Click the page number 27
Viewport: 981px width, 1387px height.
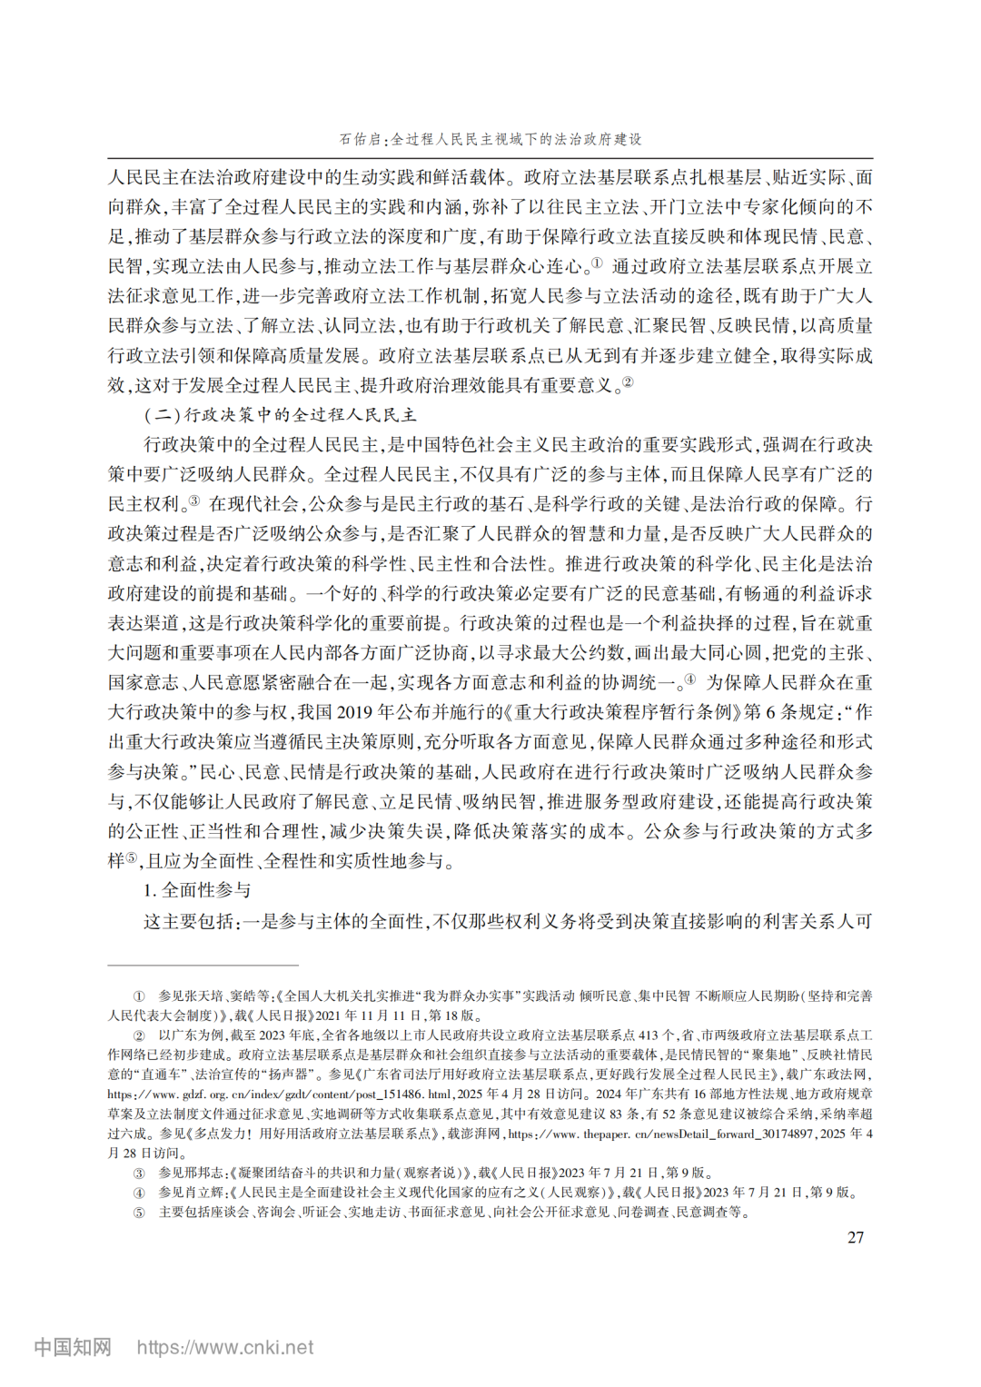[855, 1237]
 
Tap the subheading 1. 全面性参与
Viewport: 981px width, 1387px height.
[197, 891]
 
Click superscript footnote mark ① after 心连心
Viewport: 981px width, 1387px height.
[596, 263]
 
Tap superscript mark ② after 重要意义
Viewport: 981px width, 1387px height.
[627, 381]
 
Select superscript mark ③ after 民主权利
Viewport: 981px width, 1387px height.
[193, 500]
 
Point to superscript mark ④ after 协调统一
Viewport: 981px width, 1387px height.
[690, 679]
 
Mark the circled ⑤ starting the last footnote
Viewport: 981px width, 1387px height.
[139, 1213]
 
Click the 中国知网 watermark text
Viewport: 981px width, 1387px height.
[73, 1348]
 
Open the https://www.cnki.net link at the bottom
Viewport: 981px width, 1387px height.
[225, 1348]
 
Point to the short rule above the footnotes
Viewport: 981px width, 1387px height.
[203, 965]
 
